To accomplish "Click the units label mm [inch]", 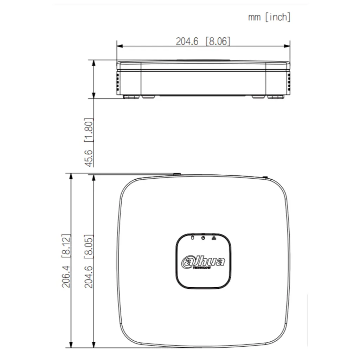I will click(269, 17).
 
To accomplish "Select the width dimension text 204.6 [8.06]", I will click(203, 41).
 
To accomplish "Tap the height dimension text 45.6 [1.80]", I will click(89, 142).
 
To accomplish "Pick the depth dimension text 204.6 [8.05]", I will click(89, 261).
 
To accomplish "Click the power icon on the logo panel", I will click(203, 238).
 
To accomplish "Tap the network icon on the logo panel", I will click(214, 238).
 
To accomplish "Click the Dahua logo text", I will click(203, 262).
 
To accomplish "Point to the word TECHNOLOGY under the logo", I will click(202, 268).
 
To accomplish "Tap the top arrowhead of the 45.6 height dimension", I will click(94, 63).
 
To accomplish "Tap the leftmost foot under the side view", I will click(131, 96).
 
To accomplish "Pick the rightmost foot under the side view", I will click(276, 96).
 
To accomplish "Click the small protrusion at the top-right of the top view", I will click(265, 178).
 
